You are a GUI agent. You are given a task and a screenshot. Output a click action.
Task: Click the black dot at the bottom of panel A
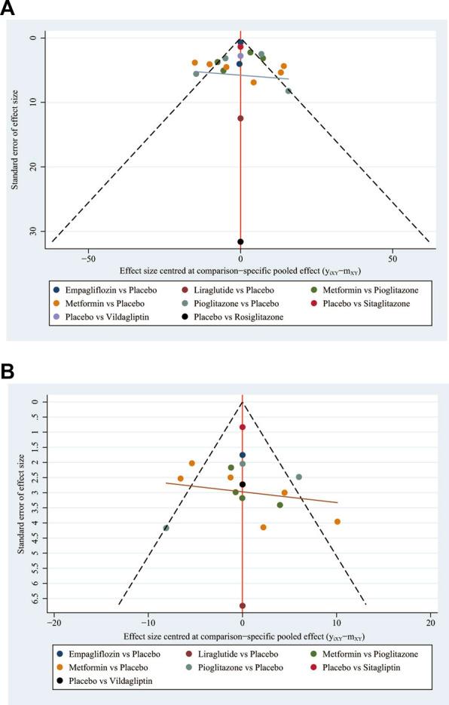coord(240,241)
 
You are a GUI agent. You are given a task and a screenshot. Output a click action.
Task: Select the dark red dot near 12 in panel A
coord(240,118)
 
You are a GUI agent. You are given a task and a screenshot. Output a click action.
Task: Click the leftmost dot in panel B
coord(166,528)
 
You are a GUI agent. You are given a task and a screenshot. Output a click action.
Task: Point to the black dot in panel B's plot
coord(242,485)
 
